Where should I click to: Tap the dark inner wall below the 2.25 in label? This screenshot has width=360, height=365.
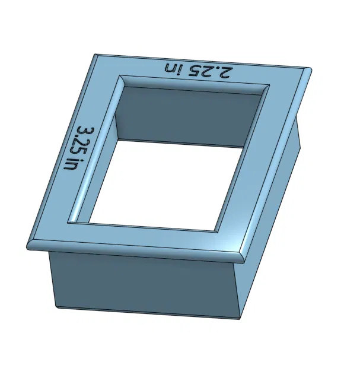click(x=190, y=116)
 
